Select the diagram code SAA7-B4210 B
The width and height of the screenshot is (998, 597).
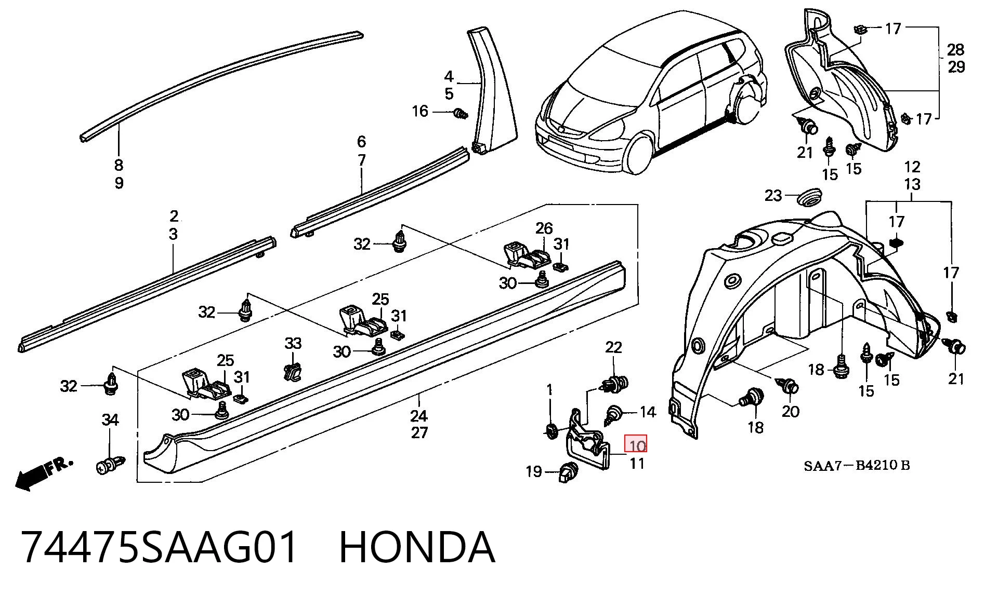click(857, 465)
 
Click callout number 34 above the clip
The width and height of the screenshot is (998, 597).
click(110, 419)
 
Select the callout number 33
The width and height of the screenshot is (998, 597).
click(293, 343)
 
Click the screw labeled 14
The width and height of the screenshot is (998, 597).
click(613, 414)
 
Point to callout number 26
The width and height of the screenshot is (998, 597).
click(544, 228)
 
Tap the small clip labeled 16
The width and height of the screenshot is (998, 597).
click(460, 113)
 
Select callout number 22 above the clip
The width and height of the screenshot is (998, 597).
click(613, 347)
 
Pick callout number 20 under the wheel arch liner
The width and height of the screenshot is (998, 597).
click(790, 411)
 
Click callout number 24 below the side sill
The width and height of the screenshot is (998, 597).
click(419, 415)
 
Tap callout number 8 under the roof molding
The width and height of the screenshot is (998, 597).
click(119, 165)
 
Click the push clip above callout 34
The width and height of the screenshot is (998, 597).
click(110, 465)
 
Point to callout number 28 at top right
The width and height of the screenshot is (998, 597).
click(956, 50)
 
